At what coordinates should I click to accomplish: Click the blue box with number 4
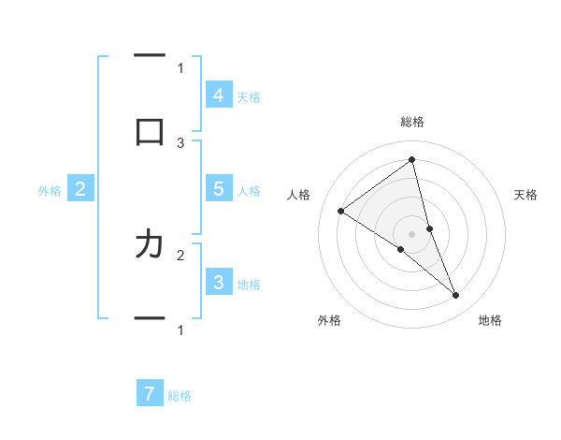[x=218, y=95]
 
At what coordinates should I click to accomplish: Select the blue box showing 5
[x=218, y=189]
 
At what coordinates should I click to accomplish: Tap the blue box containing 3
[x=218, y=283]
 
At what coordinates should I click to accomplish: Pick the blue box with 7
[x=150, y=393]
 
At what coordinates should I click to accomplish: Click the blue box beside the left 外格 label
[x=80, y=189]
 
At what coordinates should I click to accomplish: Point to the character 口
[x=150, y=131]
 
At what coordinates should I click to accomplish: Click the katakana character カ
[x=150, y=244]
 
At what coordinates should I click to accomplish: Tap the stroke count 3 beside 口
[x=180, y=143]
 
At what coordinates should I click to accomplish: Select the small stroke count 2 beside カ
[x=180, y=254]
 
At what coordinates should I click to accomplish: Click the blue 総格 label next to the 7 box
[x=180, y=396]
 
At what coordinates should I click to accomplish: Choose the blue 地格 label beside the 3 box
[x=249, y=285]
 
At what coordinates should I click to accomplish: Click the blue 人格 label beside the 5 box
[x=249, y=191]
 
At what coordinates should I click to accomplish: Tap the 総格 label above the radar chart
[x=411, y=122]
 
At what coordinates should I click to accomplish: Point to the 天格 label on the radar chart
[x=526, y=195]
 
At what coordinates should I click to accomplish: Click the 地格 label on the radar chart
[x=490, y=320]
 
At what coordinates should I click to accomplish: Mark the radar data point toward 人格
[x=341, y=211]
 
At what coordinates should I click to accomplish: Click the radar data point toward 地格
[x=456, y=295]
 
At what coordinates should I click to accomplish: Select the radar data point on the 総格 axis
[x=411, y=160]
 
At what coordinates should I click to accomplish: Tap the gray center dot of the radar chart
[x=411, y=233]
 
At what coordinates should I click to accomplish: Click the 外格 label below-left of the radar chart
[x=329, y=320]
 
